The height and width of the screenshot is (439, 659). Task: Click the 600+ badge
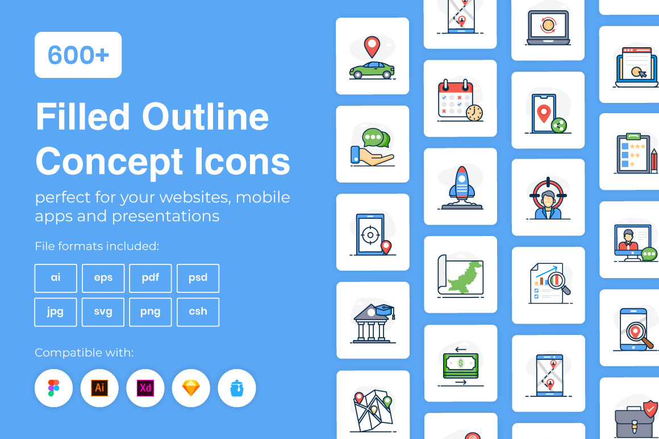(x=78, y=55)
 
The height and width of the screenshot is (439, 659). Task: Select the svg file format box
(x=103, y=312)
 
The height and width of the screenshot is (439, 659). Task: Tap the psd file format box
(x=198, y=278)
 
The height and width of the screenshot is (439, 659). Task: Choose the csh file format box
(x=198, y=312)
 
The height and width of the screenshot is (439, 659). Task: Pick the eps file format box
(x=103, y=278)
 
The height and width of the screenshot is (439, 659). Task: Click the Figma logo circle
(x=53, y=388)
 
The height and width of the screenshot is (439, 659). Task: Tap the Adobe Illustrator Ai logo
(x=99, y=388)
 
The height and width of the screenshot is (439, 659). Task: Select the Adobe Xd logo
(x=145, y=388)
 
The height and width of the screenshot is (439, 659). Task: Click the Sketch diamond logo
(x=191, y=388)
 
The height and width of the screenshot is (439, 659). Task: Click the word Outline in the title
(x=206, y=117)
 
